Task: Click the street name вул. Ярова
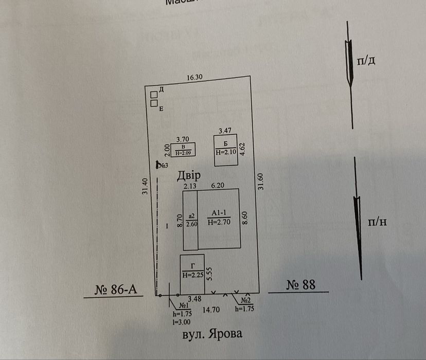[x=212, y=334]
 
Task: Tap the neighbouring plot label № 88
[x=300, y=284]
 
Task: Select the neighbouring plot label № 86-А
[x=118, y=289]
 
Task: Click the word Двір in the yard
[x=189, y=175]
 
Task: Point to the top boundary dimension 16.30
[x=195, y=78]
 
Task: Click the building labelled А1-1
[x=219, y=219]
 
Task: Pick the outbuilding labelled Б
[x=225, y=150]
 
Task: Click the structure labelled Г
[x=192, y=272]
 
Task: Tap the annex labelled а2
[x=191, y=220]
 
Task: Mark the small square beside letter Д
[x=154, y=94]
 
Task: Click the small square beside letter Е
[x=154, y=103]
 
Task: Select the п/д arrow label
[x=369, y=61]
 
